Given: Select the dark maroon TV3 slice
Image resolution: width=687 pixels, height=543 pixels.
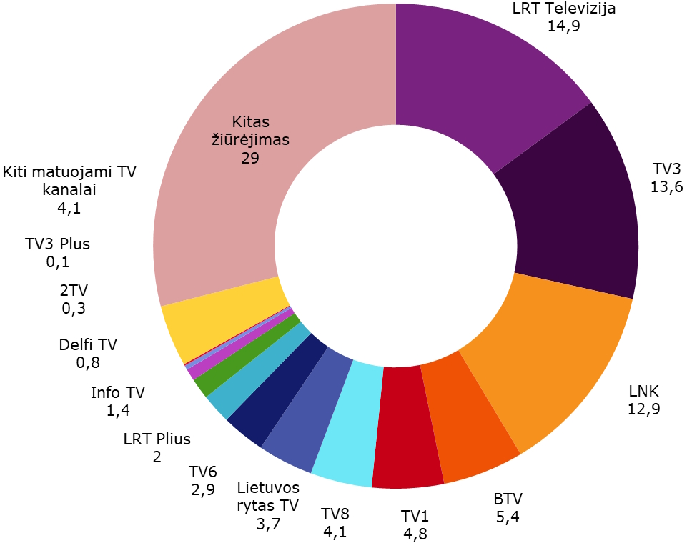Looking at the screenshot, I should tap(572, 207).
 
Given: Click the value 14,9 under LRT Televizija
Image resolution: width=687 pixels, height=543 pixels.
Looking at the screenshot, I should tap(564, 27).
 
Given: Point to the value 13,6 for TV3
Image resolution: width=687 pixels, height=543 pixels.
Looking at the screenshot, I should tap(666, 187).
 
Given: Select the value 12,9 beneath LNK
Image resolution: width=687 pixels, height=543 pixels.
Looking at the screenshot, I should tap(643, 409).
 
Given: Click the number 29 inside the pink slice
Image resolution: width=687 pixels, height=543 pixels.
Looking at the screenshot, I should tap(249, 158).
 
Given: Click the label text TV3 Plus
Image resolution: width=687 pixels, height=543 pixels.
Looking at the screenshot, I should tap(57, 244).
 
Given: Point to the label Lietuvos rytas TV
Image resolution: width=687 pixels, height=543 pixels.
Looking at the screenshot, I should tap(267, 497).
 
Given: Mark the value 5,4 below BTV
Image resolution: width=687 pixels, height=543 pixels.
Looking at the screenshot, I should tap(507, 517).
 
